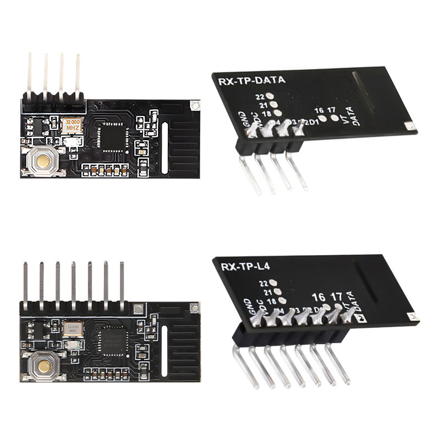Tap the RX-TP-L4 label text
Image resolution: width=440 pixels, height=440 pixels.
point(244,268)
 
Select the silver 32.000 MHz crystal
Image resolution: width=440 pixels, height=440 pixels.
point(72,328)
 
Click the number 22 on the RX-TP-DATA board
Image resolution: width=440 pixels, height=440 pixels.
point(261,96)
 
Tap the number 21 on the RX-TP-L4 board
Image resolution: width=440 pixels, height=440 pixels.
point(268,292)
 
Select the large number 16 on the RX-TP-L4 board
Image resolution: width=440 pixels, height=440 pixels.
point(318,297)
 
